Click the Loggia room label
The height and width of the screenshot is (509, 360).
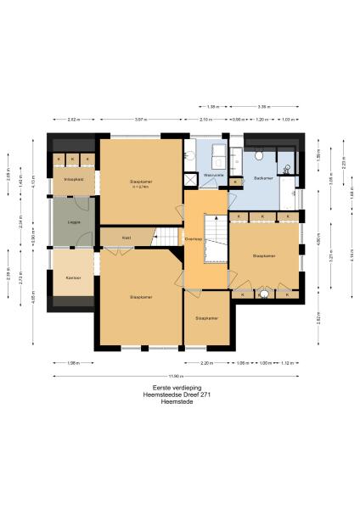click(74, 223)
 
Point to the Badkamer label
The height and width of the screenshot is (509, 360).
click(262, 177)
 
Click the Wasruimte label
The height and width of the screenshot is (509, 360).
click(213, 174)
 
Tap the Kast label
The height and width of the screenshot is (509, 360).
click(127, 238)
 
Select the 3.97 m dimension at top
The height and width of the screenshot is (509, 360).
click(141, 120)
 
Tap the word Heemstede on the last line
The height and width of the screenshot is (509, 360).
click(179, 400)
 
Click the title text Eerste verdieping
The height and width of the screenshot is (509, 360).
click(180, 387)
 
